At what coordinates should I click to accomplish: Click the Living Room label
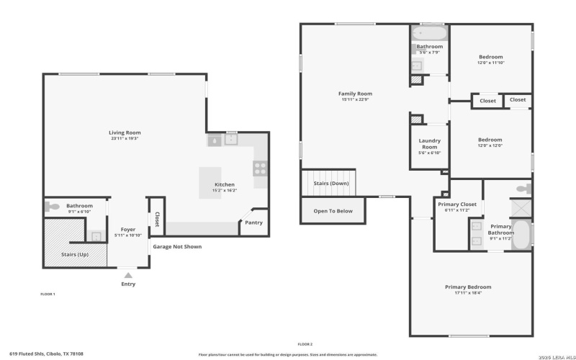[125, 132]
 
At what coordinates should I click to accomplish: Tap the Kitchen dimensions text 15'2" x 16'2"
[225, 191]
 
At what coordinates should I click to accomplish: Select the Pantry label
[253, 222]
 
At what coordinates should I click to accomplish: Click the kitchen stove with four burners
[261, 168]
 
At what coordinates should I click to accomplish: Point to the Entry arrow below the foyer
[128, 274]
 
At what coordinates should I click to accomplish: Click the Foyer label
[128, 230]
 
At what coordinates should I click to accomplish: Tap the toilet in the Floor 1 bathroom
[53, 206]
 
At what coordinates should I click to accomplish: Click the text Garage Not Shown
[176, 246]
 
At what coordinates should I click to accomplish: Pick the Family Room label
[355, 94]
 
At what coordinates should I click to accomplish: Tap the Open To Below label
[333, 211]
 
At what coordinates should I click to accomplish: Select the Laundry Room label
[429, 144]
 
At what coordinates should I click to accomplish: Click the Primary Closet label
[457, 204]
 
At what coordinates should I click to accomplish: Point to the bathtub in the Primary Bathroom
[521, 235]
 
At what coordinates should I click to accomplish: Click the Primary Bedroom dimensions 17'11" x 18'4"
[468, 293]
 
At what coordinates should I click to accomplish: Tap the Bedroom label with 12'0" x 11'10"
[490, 57]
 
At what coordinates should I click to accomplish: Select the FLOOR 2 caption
[305, 344]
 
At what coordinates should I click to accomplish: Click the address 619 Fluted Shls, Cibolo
[50, 354]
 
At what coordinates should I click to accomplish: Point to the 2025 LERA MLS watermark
[551, 354]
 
